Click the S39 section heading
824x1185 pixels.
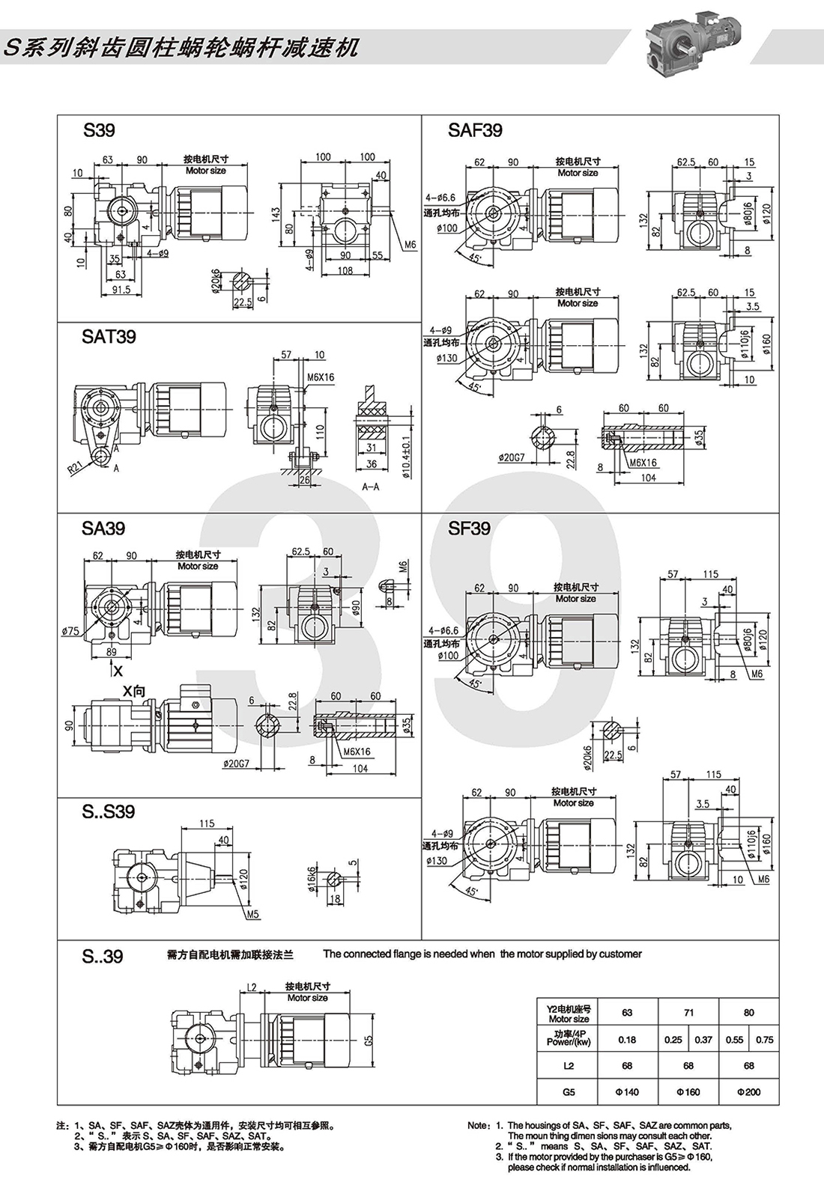[x=99, y=130]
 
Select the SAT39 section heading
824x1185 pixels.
[x=109, y=337]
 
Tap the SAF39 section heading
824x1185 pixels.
[x=475, y=130]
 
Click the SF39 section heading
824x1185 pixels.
[x=469, y=528]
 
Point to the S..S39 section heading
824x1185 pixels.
[x=109, y=811]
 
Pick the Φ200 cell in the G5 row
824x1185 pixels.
[x=748, y=1092]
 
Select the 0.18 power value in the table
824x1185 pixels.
[x=627, y=1040]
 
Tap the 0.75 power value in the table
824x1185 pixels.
[x=764, y=1040]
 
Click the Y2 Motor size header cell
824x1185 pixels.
[x=569, y=1014]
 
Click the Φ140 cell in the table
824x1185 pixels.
[x=627, y=1092]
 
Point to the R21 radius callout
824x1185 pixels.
[x=76, y=468]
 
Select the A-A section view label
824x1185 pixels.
[x=370, y=487]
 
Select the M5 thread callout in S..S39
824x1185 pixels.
[x=252, y=914]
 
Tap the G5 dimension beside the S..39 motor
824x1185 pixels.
[x=368, y=1041]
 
